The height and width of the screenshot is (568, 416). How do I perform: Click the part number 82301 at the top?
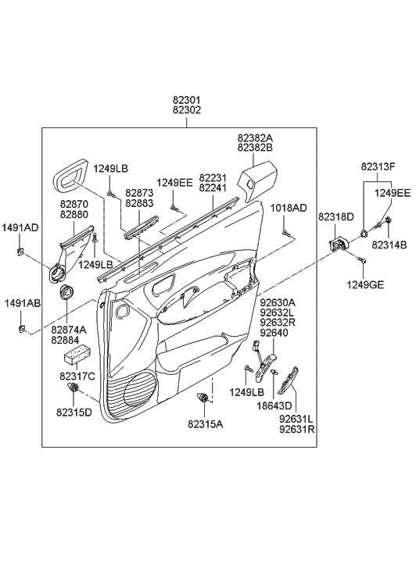point(187,100)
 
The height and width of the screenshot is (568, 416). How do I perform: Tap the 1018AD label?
point(289,208)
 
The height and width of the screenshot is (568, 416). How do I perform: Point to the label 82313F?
point(378,166)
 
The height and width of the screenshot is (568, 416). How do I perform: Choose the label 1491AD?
point(20,227)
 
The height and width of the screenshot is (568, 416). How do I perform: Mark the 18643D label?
point(275,405)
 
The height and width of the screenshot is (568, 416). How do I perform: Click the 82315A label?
point(205,423)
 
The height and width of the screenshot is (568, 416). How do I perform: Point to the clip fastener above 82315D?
point(76,390)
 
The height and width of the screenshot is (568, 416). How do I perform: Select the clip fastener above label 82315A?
point(206,399)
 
